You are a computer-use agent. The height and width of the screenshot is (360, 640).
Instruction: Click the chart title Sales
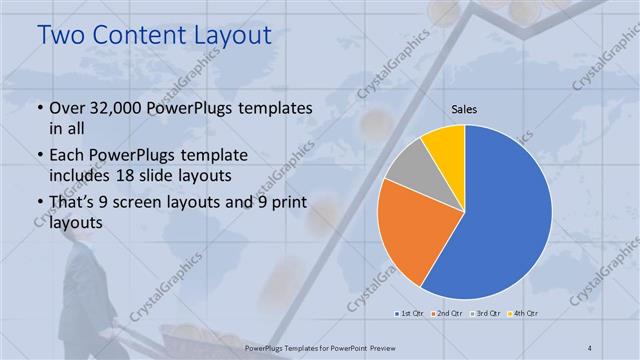[x=464, y=108]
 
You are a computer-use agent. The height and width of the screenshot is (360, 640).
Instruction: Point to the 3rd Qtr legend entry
[x=486, y=313]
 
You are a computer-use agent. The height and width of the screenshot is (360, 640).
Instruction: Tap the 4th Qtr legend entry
[x=523, y=313]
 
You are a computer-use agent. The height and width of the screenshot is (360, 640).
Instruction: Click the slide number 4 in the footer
[x=590, y=347]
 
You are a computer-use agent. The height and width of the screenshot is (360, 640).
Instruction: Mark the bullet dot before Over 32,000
[x=39, y=108]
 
